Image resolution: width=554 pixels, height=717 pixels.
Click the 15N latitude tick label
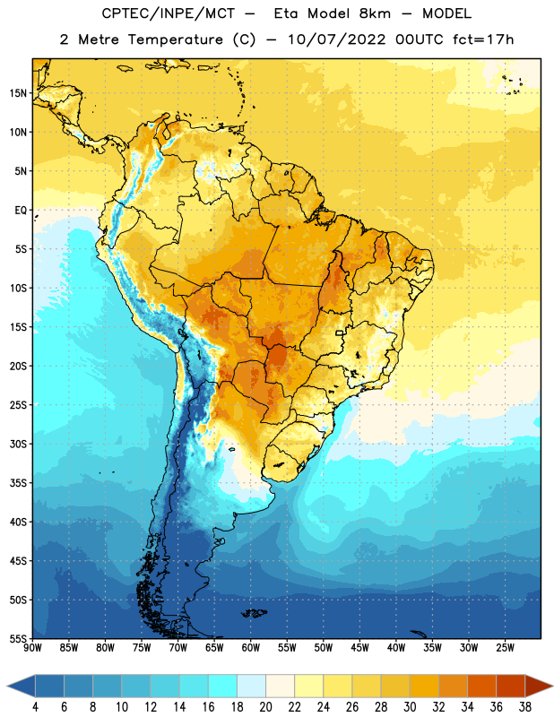click(18, 93)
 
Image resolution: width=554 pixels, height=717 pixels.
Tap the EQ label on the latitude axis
click(21, 211)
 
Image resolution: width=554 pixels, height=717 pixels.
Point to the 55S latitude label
click(18, 638)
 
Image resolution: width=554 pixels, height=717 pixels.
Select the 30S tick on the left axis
click(18, 444)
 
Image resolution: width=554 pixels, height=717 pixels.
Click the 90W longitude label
click(32, 647)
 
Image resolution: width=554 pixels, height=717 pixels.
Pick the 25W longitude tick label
click(505, 647)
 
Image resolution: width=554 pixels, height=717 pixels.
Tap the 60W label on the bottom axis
click(251, 647)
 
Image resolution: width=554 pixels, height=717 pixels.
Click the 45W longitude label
click(359, 647)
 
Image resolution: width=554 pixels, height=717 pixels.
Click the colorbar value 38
click(524, 707)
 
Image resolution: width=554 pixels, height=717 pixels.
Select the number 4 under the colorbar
click(35, 707)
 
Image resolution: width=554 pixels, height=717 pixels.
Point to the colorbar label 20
click(265, 707)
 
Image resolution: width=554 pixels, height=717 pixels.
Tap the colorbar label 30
click(410, 707)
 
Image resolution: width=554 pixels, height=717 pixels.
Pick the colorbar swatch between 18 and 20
click(251, 686)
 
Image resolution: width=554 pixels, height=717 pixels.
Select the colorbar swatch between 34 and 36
click(481, 686)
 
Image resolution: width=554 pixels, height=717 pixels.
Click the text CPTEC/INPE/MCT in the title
click(169, 13)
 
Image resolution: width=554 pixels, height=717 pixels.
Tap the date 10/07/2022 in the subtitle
click(337, 39)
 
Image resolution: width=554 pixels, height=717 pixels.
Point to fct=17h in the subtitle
click(483, 39)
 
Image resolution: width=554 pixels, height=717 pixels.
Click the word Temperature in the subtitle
click(175, 39)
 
